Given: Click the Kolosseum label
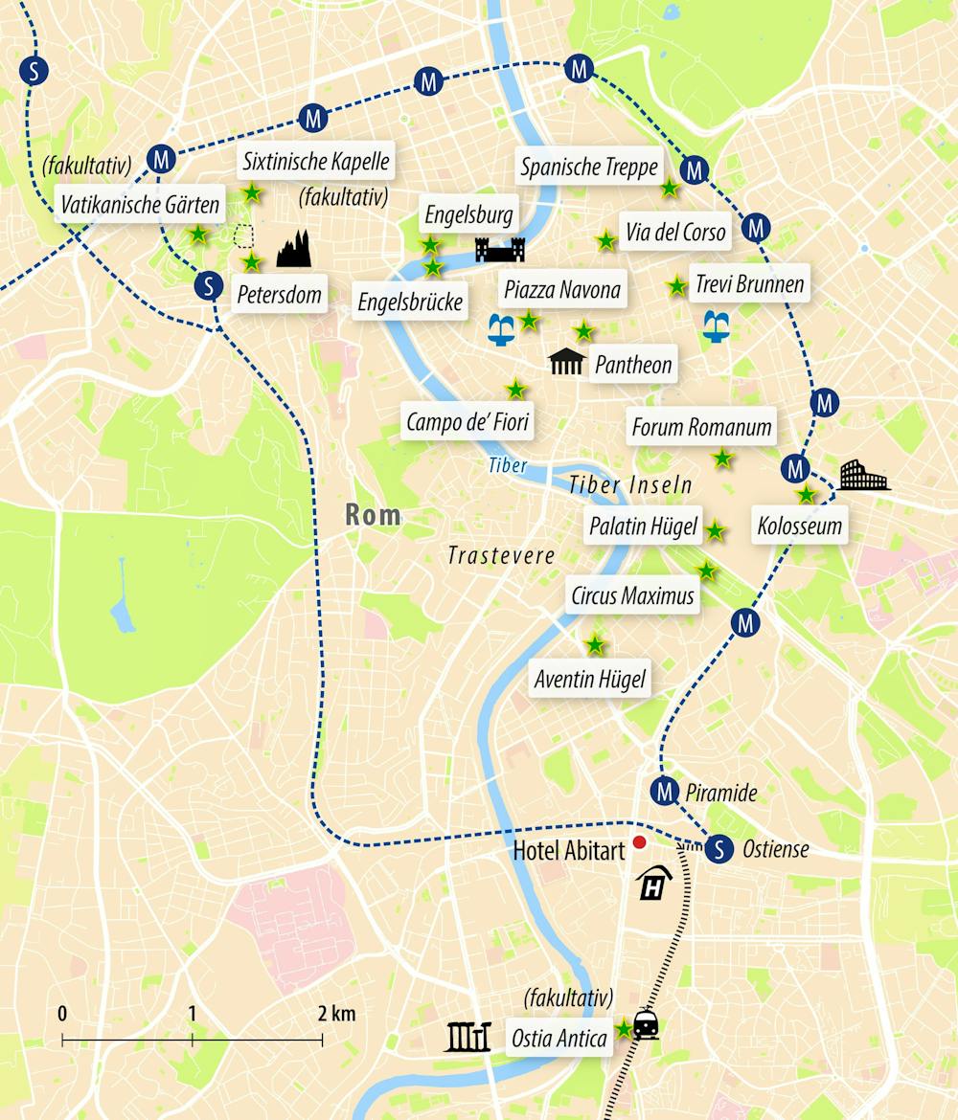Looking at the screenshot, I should click(799, 526).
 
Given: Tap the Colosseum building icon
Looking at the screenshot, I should click(864, 476).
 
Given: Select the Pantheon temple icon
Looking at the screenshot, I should click(567, 362).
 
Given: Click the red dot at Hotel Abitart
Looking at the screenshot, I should click(640, 841).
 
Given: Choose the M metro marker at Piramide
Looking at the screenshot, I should click(664, 791).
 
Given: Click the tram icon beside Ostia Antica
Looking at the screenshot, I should click(648, 1026).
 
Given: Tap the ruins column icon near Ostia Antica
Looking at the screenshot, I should click(468, 1037).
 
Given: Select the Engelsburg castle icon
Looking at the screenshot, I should click(500, 250).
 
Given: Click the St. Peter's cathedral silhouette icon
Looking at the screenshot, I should click(295, 249).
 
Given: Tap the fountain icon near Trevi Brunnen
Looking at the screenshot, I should click(718, 325).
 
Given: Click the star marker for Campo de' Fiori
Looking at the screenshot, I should click(515, 389).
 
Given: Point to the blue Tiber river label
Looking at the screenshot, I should click(508, 466).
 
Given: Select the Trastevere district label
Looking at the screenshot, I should click(501, 556).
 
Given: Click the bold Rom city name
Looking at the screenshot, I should click(373, 515).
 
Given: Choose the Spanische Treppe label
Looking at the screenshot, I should click(589, 168).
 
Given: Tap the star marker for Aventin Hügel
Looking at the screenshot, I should click(595, 645).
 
